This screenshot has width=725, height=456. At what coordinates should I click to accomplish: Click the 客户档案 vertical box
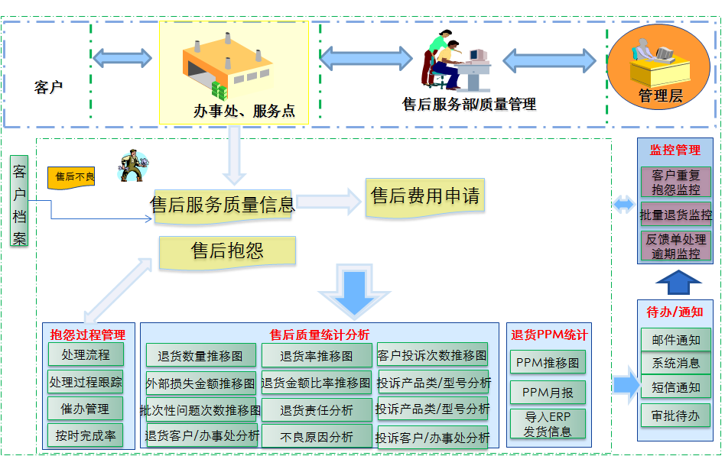click(x=20, y=202)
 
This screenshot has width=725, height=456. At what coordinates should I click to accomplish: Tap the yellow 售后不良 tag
click(x=72, y=177)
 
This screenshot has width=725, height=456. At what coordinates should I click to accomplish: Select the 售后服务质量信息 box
click(x=223, y=205)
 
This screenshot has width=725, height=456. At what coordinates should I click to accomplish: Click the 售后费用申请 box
click(x=425, y=197)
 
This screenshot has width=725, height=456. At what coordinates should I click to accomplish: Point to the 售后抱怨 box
click(x=227, y=251)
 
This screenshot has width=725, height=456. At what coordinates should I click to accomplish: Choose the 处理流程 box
click(x=85, y=355)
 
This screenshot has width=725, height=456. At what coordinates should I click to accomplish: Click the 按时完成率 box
click(x=85, y=435)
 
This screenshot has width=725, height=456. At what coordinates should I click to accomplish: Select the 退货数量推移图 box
click(x=200, y=356)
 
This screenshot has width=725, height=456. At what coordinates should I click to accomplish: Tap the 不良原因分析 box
click(x=317, y=437)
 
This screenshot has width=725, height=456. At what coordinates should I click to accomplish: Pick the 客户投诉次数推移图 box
click(x=432, y=355)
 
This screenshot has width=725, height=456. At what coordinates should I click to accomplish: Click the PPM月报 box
click(x=548, y=393)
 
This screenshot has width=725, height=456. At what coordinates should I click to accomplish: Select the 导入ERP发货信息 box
click(x=548, y=424)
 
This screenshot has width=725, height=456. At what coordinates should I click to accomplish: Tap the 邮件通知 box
click(x=675, y=340)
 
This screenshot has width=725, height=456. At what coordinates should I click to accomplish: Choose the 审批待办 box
click(x=675, y=415)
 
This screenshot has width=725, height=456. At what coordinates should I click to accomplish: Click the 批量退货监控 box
click(x=675, y=215)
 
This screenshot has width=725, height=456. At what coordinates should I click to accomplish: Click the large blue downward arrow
click(x=353, y=290)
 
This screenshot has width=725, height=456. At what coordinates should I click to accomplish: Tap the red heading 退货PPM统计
click(x=549, y=335)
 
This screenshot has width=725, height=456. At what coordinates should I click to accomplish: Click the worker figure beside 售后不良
click(x=132, y=167)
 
